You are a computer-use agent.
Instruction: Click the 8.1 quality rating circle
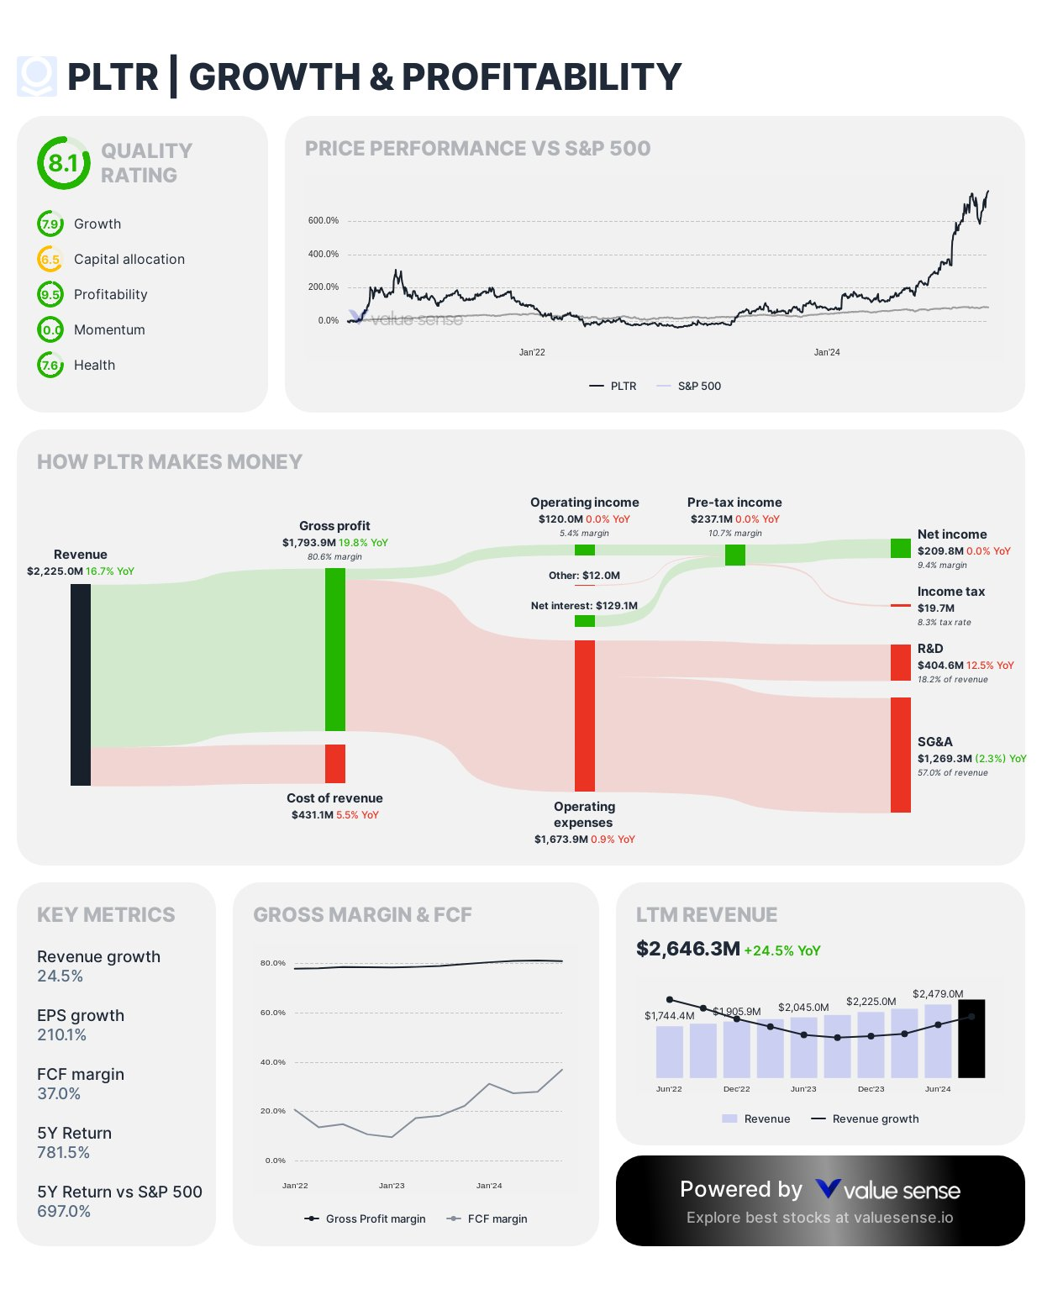pos(63,163)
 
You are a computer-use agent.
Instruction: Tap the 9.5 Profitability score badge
pos(50,295)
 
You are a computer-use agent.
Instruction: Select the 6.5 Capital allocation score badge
pos(50,260)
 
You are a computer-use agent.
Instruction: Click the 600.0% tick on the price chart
pos(324,221)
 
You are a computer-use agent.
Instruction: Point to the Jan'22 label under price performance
pos(532,352)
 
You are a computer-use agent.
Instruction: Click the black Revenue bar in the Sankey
pos(81,685)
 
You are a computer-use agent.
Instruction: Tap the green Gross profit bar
pos(335,650)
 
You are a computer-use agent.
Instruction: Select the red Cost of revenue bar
pos(335,764)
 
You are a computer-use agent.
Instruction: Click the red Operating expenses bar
pos(585,715)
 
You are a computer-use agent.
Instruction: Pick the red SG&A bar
pos(901,755)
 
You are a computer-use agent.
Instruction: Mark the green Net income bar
pos(901,549)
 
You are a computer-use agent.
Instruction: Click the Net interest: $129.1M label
pos(584,606)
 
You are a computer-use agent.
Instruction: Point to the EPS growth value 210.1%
pos(62,1035)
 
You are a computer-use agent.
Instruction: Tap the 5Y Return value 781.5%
pos(64,1153)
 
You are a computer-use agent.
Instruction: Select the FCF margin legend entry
pos(497,1219)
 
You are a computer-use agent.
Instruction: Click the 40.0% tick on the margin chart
pos(273,1062)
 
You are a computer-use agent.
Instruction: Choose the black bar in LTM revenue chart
pos(971,1039)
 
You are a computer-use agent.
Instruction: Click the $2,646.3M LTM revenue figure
pos(688,950)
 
